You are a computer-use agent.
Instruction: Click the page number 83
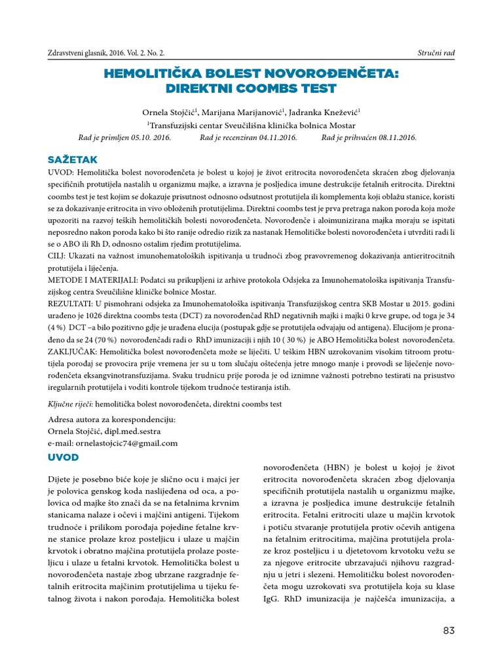[448, 630]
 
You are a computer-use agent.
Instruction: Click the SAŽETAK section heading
[73, 160]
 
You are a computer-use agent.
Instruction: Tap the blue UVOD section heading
[64, 456]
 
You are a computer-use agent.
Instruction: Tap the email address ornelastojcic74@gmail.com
[113, 443]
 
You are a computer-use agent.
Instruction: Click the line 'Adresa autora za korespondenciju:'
[112, 419]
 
